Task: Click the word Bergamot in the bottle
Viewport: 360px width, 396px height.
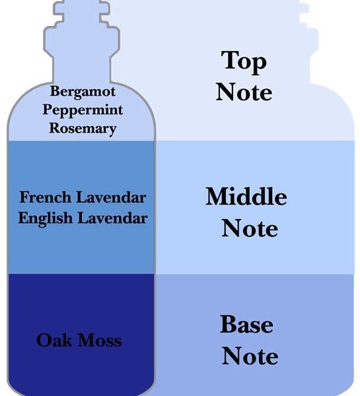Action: [x=83, y=92]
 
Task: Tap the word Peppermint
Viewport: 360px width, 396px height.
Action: [x=83, y=110]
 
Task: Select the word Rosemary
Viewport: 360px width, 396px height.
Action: [x=83, y=129]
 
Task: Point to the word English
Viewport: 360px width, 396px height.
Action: [x=46, y=218]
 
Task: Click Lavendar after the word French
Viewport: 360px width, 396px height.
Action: [x=111, y=197]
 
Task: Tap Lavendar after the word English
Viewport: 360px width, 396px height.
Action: [x=112, y=218]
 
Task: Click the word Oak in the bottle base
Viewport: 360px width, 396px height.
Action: [x=54, y=340]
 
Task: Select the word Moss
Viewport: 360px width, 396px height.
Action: [x=100, y=340]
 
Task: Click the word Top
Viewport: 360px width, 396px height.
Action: [x=244, y=61]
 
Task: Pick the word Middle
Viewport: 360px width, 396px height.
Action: [x=246, y=196]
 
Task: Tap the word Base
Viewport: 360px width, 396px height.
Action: [x=246, y=324]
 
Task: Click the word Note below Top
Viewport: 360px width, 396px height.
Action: [x=244, y=92]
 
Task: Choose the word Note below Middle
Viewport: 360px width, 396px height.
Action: [x=250, y=228]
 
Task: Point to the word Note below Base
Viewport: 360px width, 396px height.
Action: [x=250, y=356]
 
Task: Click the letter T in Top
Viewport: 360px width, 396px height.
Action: [x=230, y=59]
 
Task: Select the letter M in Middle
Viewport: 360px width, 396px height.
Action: [x=219, y=196]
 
